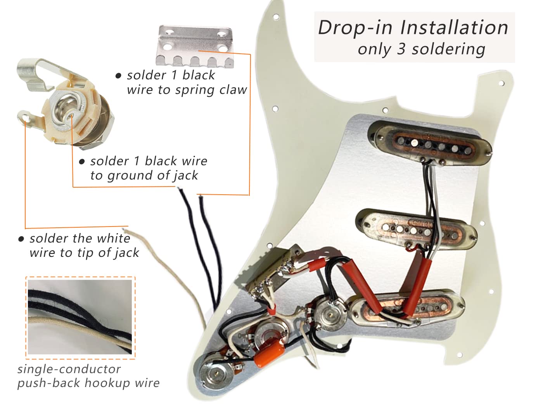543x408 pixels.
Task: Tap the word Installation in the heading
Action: click(454, 28)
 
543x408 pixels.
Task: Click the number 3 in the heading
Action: click(401, 49)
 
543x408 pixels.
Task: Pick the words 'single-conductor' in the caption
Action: click(69, 369)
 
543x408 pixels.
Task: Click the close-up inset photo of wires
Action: click(80, 317)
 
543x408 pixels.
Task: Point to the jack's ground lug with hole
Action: click(24, 116)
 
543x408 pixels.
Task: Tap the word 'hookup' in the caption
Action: click(107, 383)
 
